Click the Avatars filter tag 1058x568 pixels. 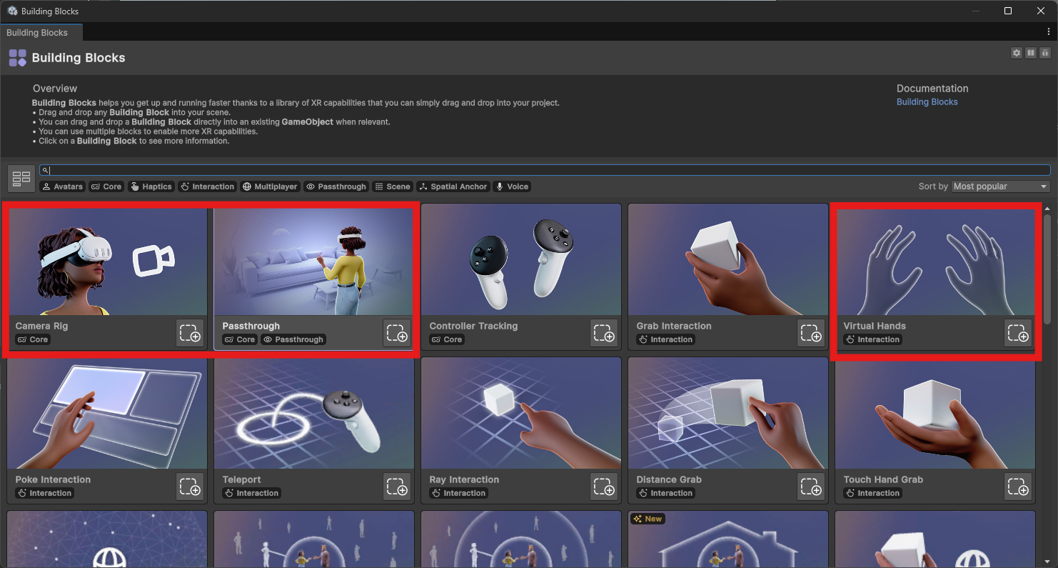62,186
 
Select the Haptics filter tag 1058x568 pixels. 151,186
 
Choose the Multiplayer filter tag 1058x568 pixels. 270,186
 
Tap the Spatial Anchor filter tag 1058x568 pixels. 453,186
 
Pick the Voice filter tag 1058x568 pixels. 512,186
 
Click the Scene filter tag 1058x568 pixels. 393,186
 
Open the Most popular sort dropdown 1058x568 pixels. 1000,186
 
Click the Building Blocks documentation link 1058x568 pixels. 927,102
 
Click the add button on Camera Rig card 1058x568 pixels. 190,333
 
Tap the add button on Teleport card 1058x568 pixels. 397,487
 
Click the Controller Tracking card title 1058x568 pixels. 473,326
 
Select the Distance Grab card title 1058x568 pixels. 669,479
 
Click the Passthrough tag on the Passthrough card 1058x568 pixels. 294,340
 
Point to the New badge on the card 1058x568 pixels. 648,519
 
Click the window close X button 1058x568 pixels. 1041,11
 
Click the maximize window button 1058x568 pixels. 1008,11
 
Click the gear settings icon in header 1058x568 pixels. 1017,53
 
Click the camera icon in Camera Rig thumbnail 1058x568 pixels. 153,260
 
